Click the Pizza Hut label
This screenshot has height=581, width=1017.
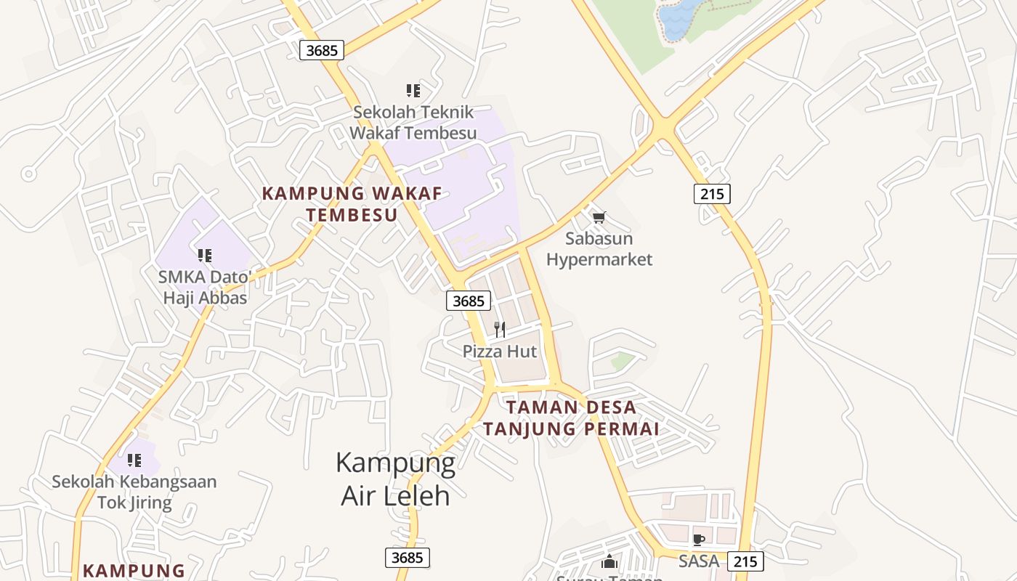pos(500,352)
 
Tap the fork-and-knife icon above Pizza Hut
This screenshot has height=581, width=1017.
pos(500,330)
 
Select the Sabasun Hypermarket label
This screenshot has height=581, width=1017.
pos(599,249)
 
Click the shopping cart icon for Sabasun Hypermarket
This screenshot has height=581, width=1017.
pos(599,217)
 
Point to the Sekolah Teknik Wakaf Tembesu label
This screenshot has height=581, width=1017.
pos(413,123)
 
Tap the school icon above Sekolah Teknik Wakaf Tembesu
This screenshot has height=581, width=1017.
pos(413,91)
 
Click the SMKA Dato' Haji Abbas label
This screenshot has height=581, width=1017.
pos(205,288)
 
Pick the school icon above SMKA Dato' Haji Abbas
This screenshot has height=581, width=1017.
pos(205,256)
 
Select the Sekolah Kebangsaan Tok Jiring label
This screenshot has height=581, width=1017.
pos(134,492)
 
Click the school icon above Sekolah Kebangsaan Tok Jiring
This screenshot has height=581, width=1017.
pos(134,460)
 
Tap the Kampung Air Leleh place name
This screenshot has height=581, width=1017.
pos(396,479)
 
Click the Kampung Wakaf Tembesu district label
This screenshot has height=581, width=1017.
pos(352,204)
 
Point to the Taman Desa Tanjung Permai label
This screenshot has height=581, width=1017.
pos(571,418)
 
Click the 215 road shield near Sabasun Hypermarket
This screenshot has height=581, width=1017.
pos(712,194)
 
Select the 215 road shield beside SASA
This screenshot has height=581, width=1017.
pos(745,561)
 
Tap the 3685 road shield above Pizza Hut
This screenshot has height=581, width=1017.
pos(469,301)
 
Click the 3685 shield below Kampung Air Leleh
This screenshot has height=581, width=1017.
pos(407,558)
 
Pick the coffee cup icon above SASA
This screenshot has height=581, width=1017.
pos(699,540)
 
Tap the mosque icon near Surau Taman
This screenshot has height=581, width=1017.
pos(609,561)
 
